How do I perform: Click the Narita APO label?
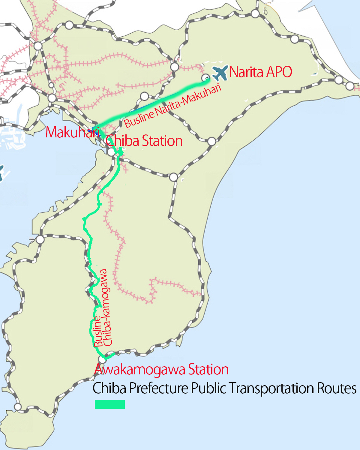pos(261,72)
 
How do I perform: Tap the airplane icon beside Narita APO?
pos(220,73)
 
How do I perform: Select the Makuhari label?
pos(72,132)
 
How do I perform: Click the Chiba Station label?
pos(144,141)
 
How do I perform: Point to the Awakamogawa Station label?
pos(161,369)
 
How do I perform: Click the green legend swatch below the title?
pos(110,404)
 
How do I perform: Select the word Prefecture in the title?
pos(158,388)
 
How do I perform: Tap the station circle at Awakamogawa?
pos(102,359)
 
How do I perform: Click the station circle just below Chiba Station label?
pos(111,152)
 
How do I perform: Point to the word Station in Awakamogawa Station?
pos(208,369)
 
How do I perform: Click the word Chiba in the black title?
pos(109,388)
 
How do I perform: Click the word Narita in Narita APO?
pos(246,72)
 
